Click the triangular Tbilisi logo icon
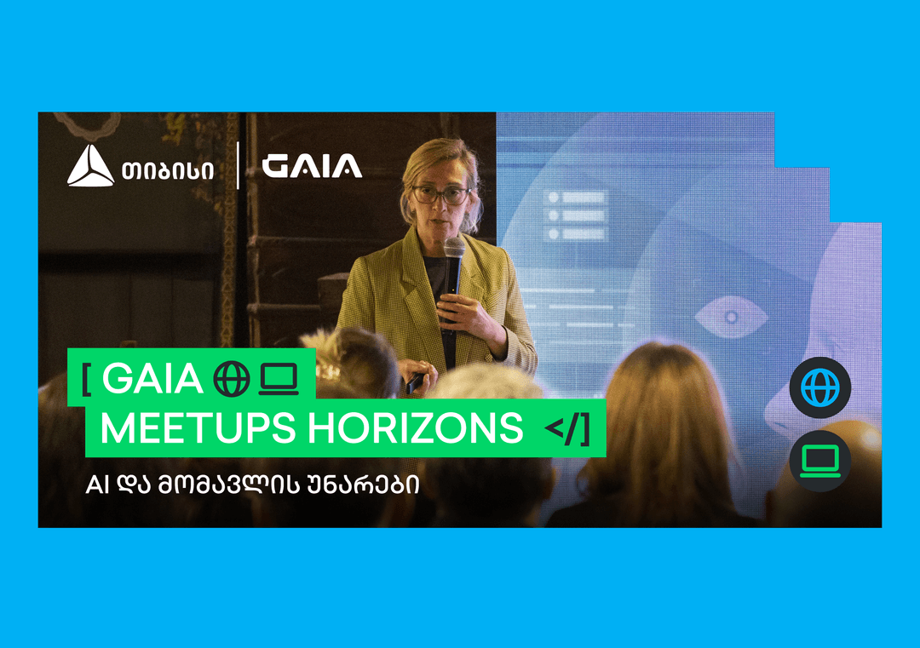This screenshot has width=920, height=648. point(90,166)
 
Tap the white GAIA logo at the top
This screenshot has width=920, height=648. point(312,166)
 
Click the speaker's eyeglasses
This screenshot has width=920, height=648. point(440,194)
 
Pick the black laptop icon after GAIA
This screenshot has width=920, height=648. point(278,380)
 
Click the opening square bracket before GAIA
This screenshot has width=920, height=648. point(87,380)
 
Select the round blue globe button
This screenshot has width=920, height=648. point(819,387)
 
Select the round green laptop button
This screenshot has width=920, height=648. point(819,461)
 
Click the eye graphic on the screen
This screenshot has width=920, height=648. point(731,318)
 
